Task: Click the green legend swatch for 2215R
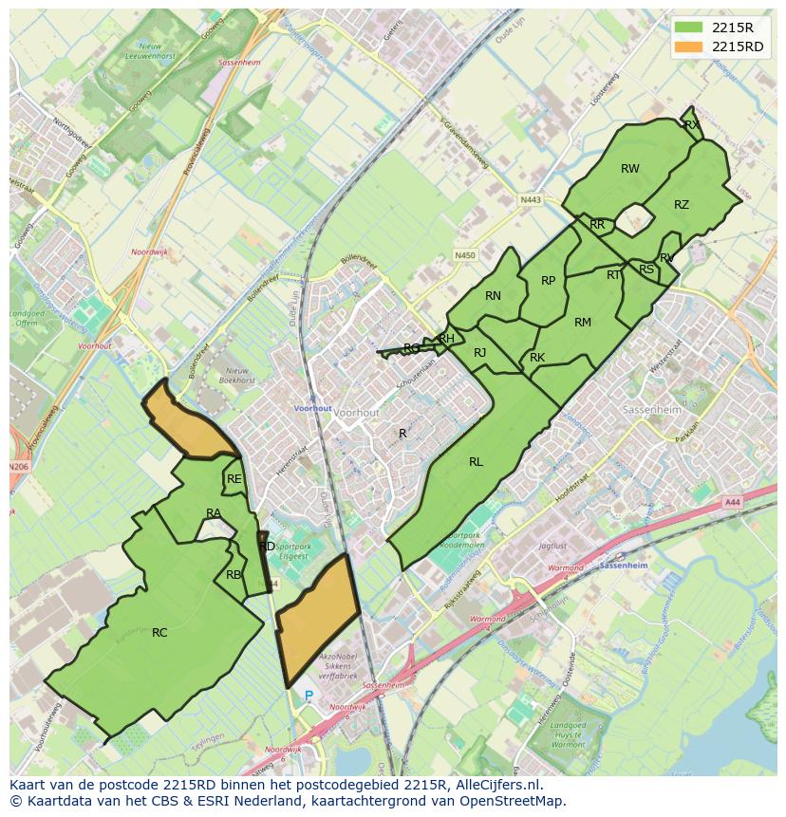click(689, 28)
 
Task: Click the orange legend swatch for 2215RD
click(689, 46)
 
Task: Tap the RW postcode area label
click(630, 169)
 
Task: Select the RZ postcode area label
click(682, 205)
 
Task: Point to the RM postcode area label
click(583, 323)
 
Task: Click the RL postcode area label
click(476, 462)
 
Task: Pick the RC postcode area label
click(159, 632)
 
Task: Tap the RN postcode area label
click(493, 296)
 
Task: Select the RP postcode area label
click(548, 281)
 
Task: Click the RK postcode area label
click(537, 358)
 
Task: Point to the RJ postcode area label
click(479, 353)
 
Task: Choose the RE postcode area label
click(234, 479)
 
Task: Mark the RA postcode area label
click(214, 513)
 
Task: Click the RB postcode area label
click(234, 574)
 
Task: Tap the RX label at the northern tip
click(691, 124)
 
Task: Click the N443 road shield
click(531, 200)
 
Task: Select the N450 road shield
click(464, 255)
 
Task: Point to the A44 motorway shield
click(731, 502)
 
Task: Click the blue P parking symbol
click(308, 696)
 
